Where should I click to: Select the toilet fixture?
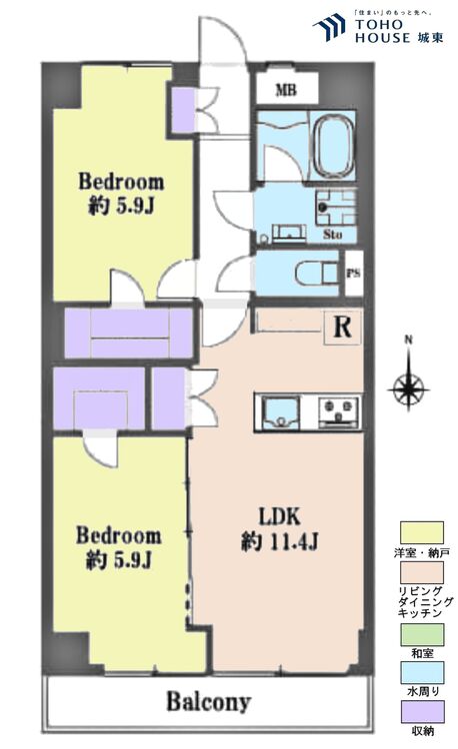click(x=314, y=271)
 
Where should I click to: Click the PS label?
click(x=353, y=271)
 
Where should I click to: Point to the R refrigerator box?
click(x=341, y=327)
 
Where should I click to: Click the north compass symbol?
click(x=408, y=381)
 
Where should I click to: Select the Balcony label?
click(x=208, y=702)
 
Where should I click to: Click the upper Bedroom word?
click(x=121, y=183)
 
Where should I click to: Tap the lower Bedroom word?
click(x=119, y=535)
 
